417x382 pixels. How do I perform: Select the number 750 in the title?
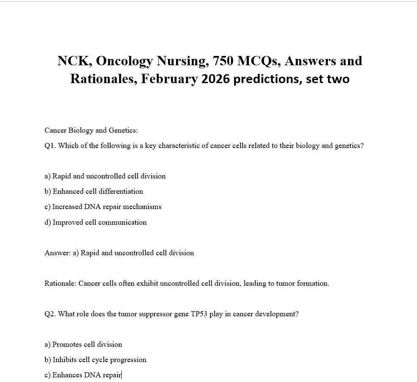click(223, 61)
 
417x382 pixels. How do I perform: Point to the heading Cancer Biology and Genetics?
click(91, 130)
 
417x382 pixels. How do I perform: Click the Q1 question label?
click(50, 145)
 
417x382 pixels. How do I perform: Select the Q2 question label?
click(50, 314)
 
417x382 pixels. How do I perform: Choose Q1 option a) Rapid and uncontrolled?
click(105, 176)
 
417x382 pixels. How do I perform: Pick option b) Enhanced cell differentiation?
click(94, 191)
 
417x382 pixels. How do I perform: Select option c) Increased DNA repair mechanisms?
click(103, 206)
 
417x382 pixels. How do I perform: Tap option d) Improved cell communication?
click(95, 222)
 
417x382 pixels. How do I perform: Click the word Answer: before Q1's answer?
click(57, 253)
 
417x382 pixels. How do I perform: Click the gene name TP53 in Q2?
click(199, 314)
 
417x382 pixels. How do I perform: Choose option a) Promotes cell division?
click(83, 344)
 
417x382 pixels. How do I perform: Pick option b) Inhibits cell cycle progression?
click(95, 360)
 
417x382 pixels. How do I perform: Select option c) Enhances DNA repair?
click(83, 375)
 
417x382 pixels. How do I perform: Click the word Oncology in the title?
click(124, 61)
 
